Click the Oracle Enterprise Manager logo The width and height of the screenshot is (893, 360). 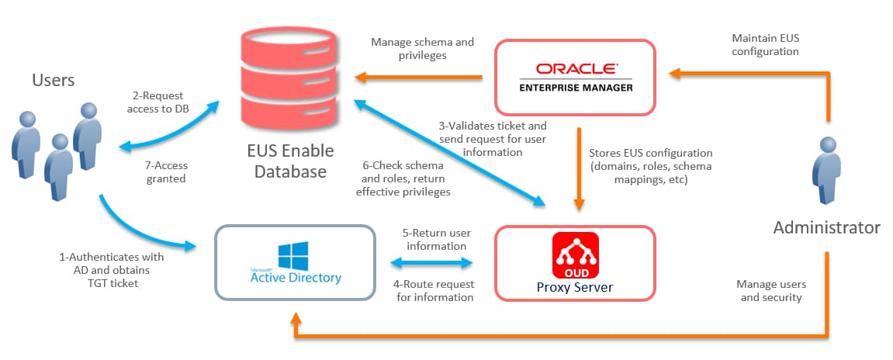[575, 77]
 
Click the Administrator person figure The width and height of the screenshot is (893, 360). [827, 173]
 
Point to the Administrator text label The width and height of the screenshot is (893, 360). [827, 227]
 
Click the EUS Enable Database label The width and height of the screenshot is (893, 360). [282, 161]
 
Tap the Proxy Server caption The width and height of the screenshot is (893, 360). [575, 288]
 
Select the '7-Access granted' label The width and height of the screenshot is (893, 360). [166, 171]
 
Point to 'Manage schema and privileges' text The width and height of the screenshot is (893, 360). [422, 49]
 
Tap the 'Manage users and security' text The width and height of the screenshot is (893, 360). [769, 291]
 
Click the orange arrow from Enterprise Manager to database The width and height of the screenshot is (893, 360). [420, 77]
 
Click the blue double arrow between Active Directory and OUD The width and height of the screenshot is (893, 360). [433, 264]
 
